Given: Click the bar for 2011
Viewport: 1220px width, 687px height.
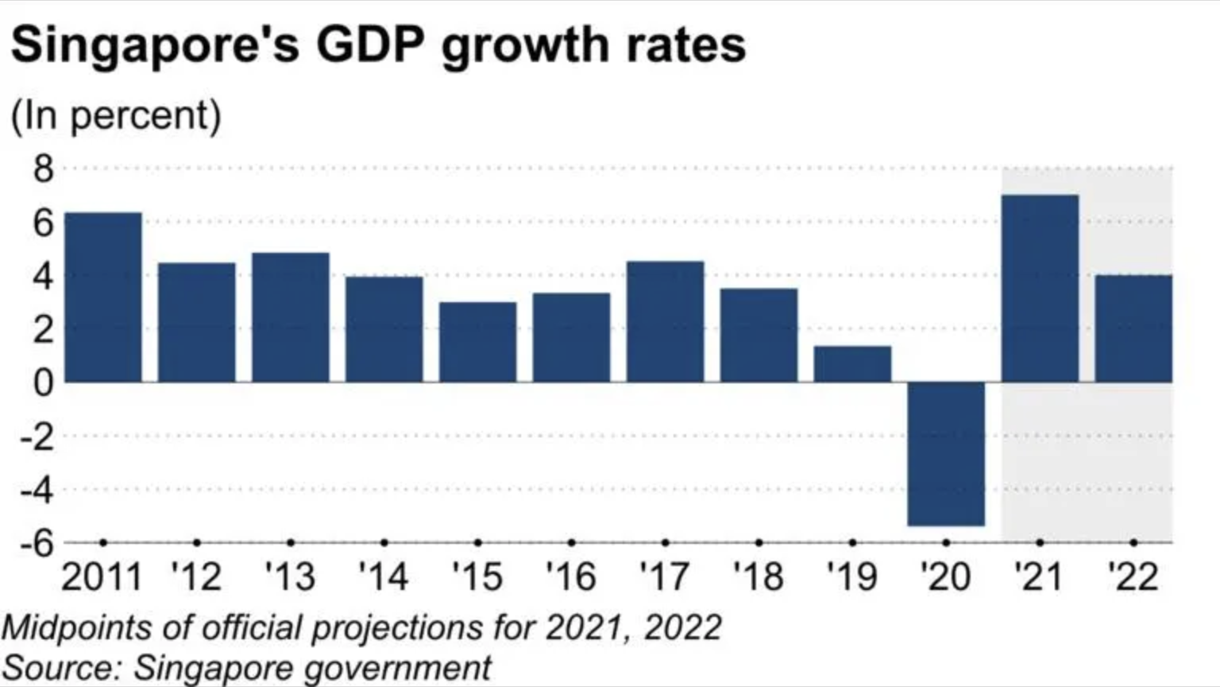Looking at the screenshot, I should click(103, 297).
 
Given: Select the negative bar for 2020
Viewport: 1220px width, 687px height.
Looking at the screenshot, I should click(946, 453).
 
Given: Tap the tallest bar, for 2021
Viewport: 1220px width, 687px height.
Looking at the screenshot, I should click(1040, 289).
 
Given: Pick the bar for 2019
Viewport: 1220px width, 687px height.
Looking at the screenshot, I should click(852, 364).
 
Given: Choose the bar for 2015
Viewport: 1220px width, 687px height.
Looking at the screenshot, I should click(477, 342).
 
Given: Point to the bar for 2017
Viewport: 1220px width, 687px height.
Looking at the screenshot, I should click(665, 321).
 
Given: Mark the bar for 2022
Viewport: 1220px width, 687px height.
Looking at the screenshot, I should click(1133, 328).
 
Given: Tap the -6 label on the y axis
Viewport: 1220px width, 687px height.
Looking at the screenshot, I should click(37, 544).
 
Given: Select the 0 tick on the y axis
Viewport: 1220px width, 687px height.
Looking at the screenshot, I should click(43, 383).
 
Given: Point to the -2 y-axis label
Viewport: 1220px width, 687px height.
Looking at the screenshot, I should click(37, 437).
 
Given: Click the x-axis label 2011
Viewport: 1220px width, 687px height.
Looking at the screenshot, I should click(102, 576).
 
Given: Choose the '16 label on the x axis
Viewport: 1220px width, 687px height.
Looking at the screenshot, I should click(571, 576).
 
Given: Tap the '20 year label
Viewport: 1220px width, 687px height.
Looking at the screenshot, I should click(945, 576).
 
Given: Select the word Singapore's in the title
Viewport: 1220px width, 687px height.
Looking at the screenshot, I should click(156, 46).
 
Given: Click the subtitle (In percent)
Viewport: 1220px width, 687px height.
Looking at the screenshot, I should click(116, 116).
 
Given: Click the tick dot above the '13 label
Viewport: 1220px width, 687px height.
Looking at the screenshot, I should click(291, 542).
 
